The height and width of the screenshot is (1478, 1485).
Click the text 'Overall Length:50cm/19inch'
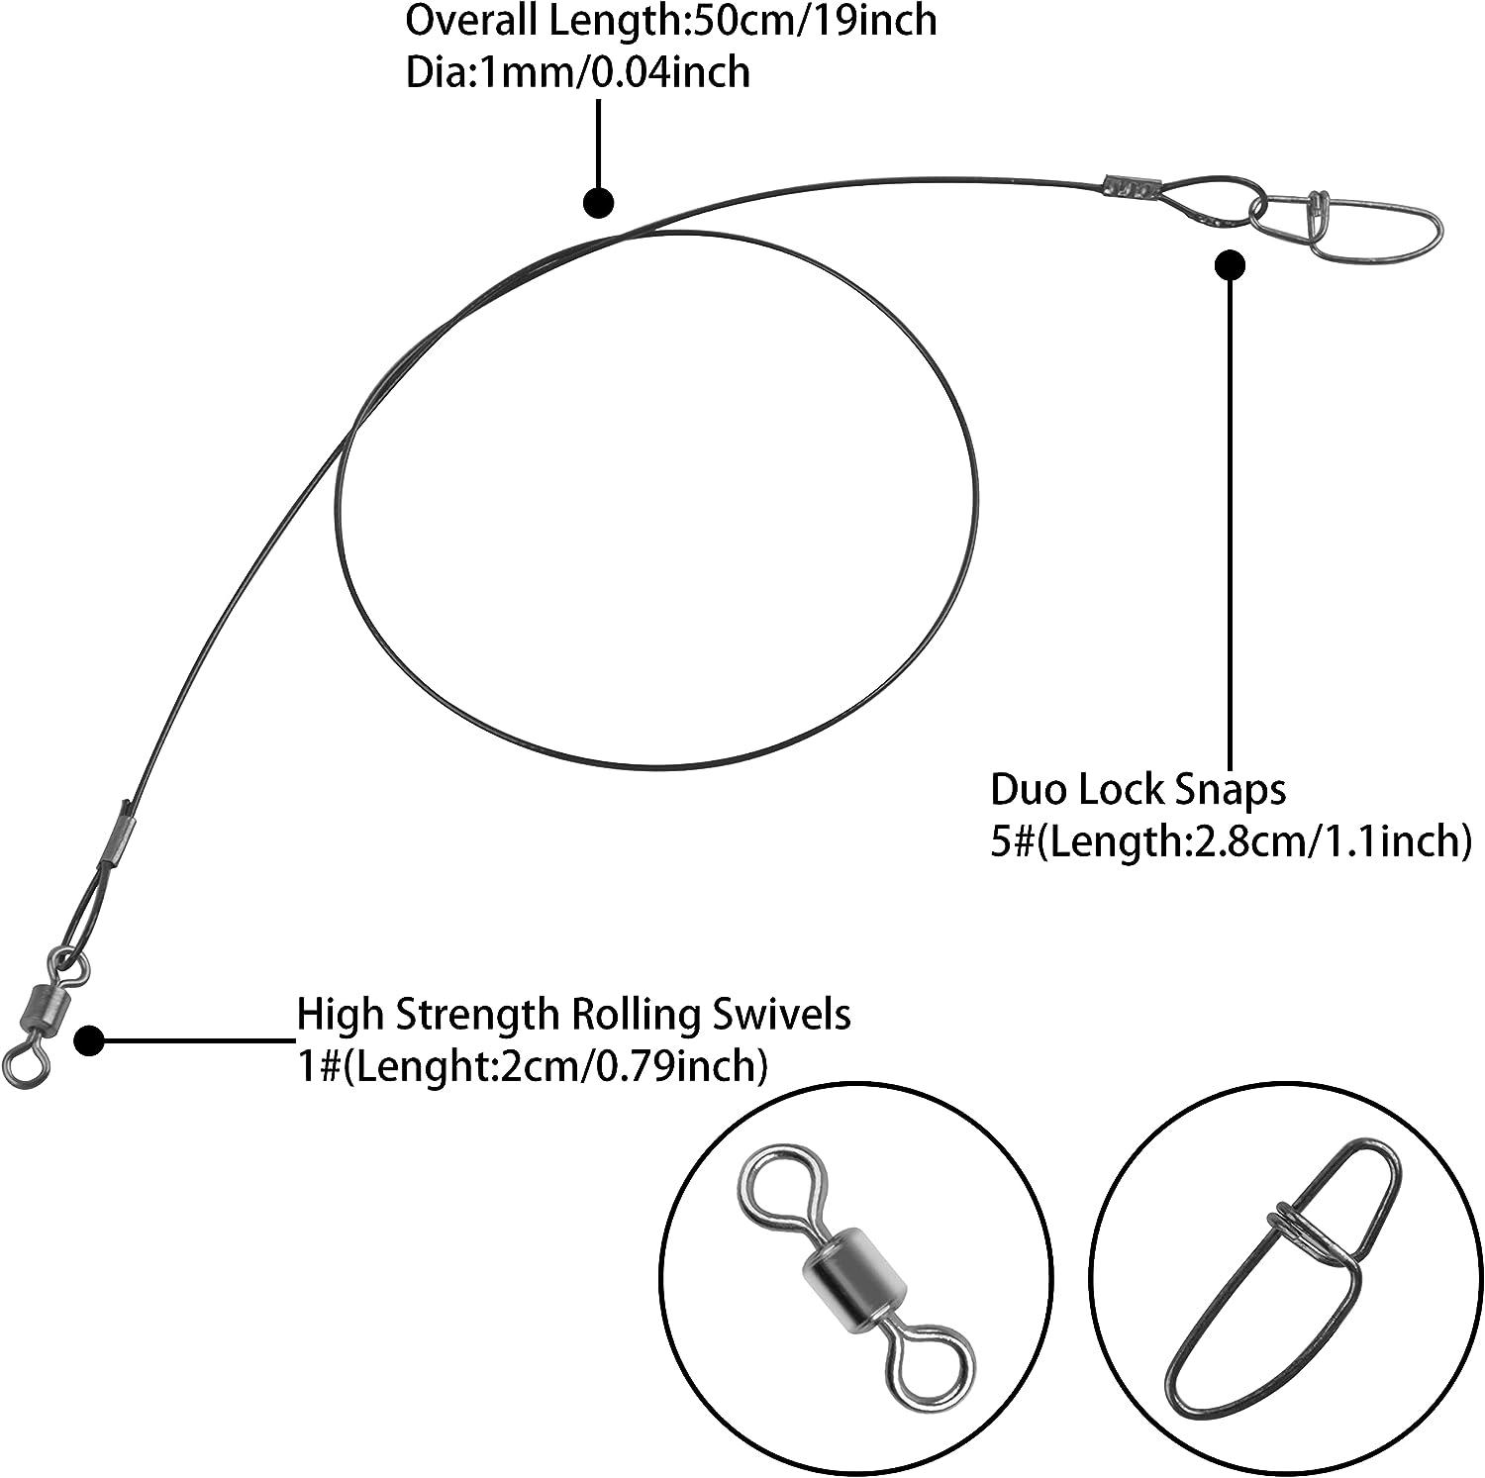[671, 21]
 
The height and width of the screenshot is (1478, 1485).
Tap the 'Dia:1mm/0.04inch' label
[578, 73]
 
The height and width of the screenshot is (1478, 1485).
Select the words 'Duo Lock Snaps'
[1138, 790]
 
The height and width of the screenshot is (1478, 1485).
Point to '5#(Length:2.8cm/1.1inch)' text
[1231, 841]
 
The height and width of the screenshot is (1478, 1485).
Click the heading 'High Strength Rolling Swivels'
[574, 1015]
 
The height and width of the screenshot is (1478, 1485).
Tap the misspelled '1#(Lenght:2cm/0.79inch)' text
[533, 1066]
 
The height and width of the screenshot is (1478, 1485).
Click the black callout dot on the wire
[598, 203]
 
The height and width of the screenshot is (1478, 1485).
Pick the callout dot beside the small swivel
[90, 1040]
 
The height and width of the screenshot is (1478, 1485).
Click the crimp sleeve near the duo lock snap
[1132, 186]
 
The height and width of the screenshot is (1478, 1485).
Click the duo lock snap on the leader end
[1345, 221]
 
